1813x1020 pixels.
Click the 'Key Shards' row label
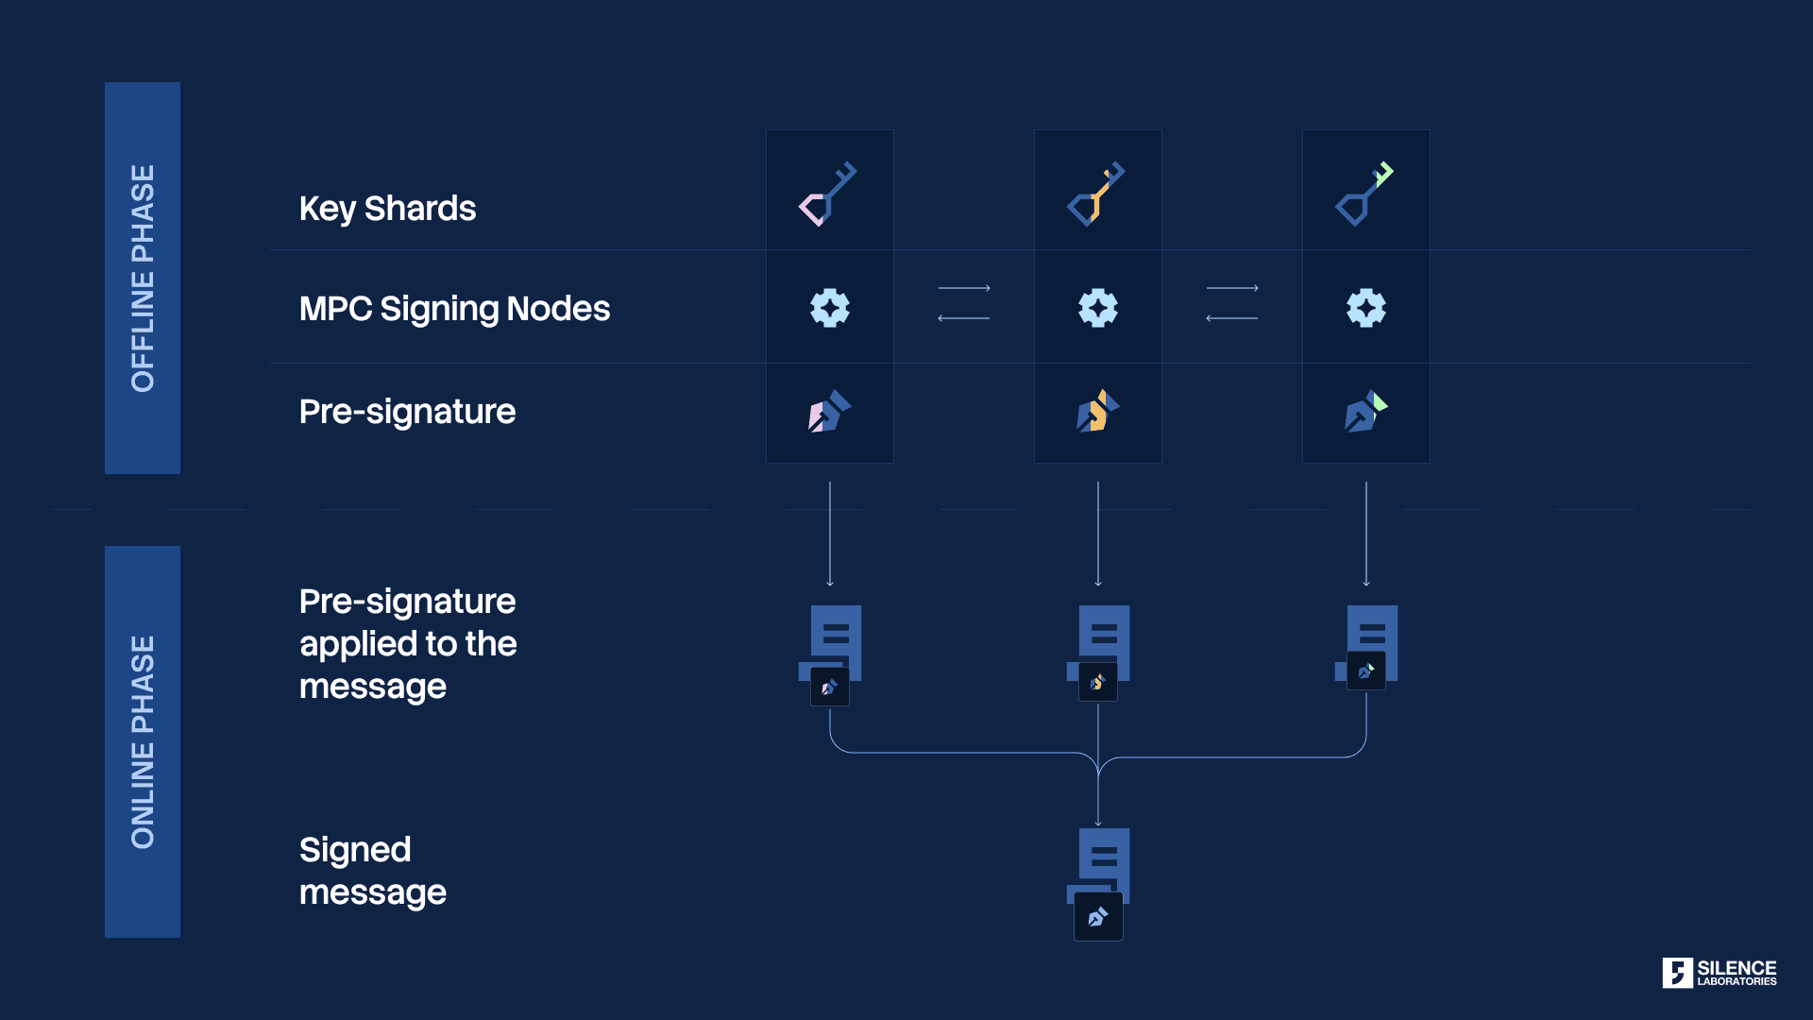coord(387,209)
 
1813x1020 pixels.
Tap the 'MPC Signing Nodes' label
coord(454,309)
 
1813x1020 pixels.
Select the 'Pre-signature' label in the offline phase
coord(407,412)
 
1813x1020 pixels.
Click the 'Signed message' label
coord(372,871)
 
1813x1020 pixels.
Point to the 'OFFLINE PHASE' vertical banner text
coord(143,278)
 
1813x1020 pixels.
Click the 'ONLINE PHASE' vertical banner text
coord(143,741)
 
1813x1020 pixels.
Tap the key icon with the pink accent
coord(828,194)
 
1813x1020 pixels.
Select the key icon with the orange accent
coord(1096,194)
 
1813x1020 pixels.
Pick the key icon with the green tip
coord(1364,194)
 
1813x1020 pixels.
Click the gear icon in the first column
coord(830,308)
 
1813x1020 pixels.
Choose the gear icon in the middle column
coord(1098,308)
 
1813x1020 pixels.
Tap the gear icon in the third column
coord(1366,308)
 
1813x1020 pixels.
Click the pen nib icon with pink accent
coord(829,412)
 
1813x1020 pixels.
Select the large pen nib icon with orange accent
coord(1097,412)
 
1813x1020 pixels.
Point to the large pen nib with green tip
coord(1365,412)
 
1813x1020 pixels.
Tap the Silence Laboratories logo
coord(1719,973)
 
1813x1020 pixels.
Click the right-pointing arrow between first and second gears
coord(964,288)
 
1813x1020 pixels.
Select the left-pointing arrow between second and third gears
coord(1231,318)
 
